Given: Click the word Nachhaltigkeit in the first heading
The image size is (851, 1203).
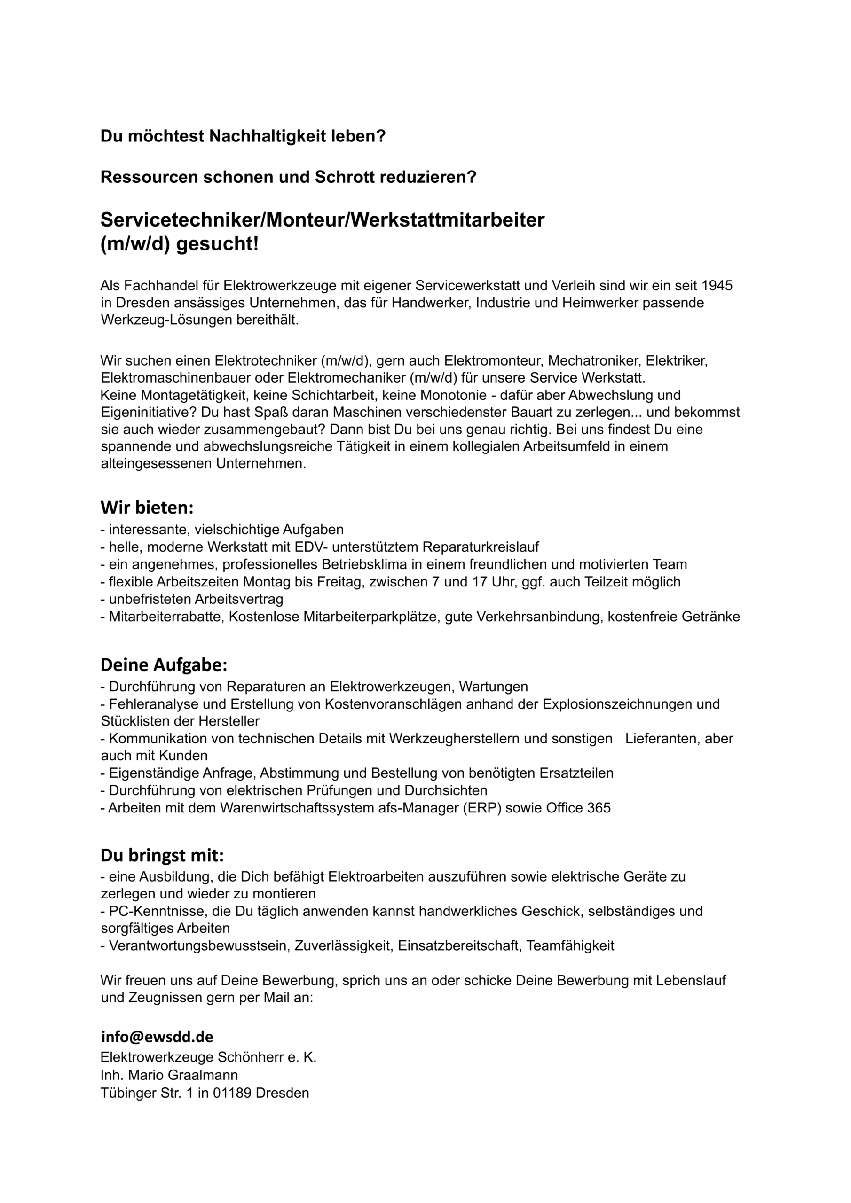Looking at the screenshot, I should (268, 136).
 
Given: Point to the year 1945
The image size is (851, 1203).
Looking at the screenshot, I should (717, 286).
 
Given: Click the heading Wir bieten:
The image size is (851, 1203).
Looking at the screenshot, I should (147, 507).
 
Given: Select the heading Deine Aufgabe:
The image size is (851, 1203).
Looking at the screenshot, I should (164, 665).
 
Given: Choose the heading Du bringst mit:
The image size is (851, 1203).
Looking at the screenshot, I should (162, 855).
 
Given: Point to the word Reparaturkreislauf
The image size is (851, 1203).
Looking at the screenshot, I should (481, 547).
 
